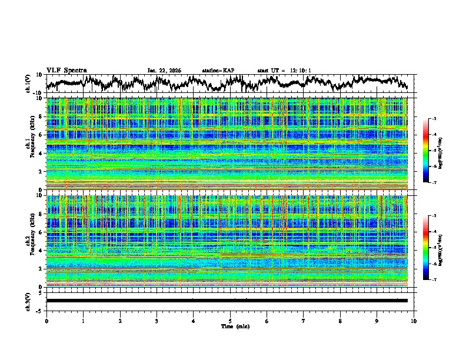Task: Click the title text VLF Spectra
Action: pos(66,70)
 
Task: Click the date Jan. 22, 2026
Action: pos(164,71)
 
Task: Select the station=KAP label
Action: pos(218,71)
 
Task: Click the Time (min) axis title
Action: pos(230,326)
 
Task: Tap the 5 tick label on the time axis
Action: pos(230,321)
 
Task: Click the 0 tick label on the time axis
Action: pos(46,321)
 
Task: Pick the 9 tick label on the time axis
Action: pos(377,321)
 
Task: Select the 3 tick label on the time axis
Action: pos(157,321)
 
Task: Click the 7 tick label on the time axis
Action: pos(304,321)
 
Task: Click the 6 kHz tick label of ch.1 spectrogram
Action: pos(41,135)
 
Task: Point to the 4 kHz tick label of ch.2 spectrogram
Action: pos(41,251)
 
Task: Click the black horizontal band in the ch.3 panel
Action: pos(227,301)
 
